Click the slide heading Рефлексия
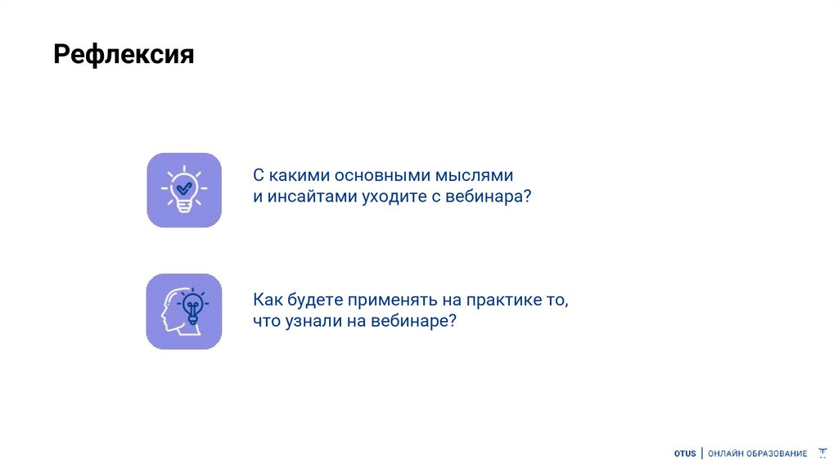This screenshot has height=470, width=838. click(124, 56)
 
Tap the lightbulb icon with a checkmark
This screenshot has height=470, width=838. click(184, 190)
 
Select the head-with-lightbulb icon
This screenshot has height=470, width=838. click(184, 311)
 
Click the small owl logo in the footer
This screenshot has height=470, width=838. click(823, 453)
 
